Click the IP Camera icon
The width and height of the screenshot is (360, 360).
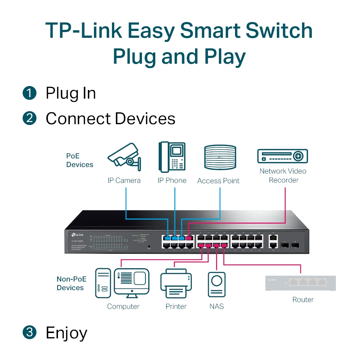[x=124, y=157]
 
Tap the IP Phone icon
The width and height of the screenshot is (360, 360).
[x=172, y=157]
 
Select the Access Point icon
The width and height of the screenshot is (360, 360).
[x=220, y=158]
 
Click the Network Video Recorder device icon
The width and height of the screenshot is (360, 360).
[x=282, y=156]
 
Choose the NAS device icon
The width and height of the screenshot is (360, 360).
[x=216, y=284]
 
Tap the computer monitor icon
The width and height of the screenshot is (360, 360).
[x=131, y=282]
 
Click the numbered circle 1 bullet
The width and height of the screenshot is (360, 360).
[x=30, y=93]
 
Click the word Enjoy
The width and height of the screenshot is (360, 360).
[x=66, y=333]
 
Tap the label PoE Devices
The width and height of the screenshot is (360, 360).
[x=79, y=161]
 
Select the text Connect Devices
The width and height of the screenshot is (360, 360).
[x=110, y=119]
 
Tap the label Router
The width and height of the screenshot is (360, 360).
[x=303, y=300]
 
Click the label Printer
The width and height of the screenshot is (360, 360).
[x=176, y=306]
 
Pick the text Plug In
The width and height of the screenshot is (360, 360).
[x=71, y=94]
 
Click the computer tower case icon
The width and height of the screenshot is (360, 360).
[x=103, y=282]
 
